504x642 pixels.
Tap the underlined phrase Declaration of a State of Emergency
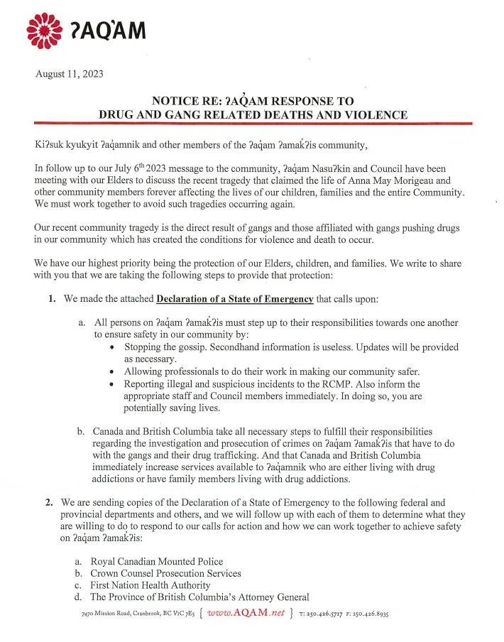[234, 299]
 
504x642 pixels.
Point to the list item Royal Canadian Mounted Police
[156, 562]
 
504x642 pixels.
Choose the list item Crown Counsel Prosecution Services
[165, 573]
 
